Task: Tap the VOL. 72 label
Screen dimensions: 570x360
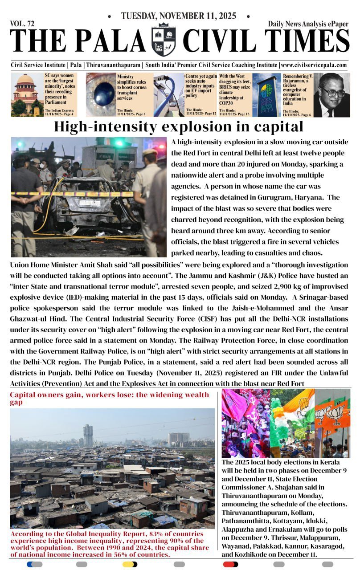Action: (x=22, y=24)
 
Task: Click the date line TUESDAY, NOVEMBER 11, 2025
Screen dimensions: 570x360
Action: (x=178, y=16)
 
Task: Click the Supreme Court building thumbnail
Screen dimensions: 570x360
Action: (x=27, y=94)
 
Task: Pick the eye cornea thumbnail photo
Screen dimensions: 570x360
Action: (x=101, y=94)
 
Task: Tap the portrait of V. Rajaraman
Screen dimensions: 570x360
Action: (x=331, y=94)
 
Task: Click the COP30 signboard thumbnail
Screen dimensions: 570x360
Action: (x=266, y=94)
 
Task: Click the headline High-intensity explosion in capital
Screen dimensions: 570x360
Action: (x=179, y=127)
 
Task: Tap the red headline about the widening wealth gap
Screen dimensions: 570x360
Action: (x=109, y=398)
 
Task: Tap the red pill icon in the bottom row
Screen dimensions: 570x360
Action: (x=230, y=564)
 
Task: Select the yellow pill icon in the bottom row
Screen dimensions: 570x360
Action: (x=130, y=564)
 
